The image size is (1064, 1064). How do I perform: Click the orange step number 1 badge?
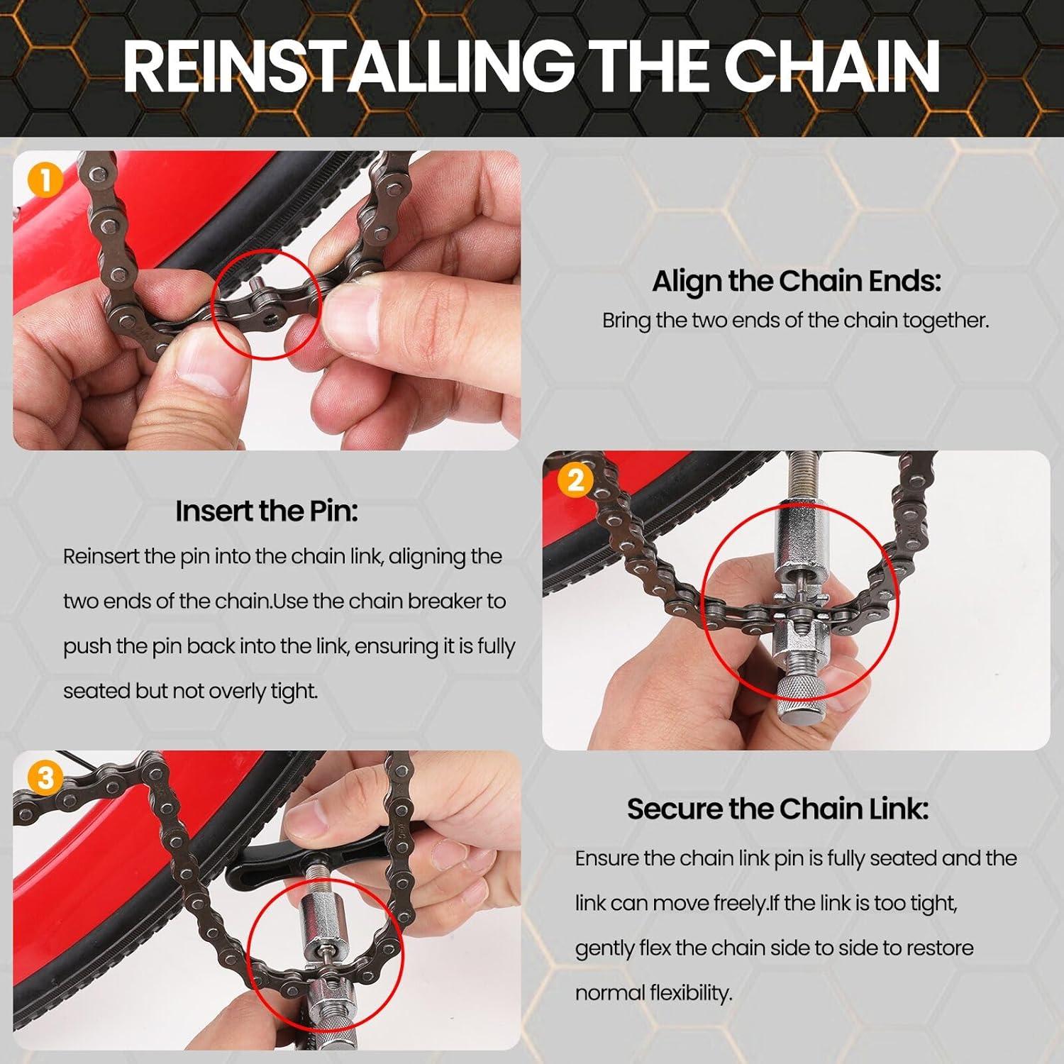(x=44, y=181)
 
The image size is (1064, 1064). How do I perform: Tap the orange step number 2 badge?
(x=575, y=480)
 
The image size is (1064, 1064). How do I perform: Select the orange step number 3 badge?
(x=45, y=778)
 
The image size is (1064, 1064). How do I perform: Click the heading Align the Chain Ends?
(x=796, y=281)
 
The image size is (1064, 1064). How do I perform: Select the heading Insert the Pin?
(x=266, y=511)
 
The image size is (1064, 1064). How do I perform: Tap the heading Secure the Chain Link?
(x=777, y=809)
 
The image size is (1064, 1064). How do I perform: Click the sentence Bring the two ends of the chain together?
(x=795, y=320)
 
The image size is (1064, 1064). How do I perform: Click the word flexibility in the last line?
(x=689, y=993)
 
